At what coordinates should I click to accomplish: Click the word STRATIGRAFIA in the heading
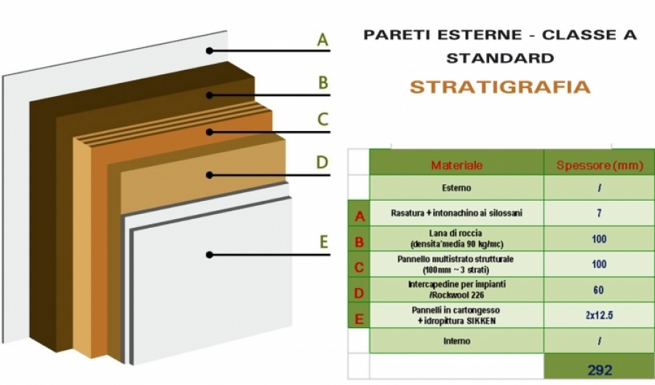pos(500,87)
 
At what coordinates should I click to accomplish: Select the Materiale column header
pos(456,165)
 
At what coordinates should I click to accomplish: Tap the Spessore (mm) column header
pos(600,165)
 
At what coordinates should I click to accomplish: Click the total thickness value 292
pos(600,370)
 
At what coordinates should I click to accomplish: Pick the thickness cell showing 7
pos(599,213)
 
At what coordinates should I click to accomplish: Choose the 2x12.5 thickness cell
pos(599,315)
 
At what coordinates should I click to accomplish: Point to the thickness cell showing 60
pos(599,290)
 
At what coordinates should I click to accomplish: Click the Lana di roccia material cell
pos(456,239)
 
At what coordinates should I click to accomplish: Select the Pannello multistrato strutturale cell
pos(456,264)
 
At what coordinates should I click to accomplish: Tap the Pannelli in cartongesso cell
pos(456,315)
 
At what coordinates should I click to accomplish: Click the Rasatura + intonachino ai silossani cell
pos(456,213)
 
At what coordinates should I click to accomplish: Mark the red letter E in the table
pos(359,319)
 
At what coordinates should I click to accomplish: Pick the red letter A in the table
pos(360,216)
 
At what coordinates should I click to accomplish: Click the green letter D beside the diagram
pos(322,162)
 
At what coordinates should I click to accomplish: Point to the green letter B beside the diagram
pos(323,82)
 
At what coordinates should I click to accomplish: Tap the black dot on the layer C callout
pos(210,132)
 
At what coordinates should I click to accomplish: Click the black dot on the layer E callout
pos(210,255)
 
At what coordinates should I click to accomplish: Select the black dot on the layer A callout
pos(210,51)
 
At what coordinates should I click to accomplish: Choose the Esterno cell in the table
pos(456,188)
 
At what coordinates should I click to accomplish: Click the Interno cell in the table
pos(456,341)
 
